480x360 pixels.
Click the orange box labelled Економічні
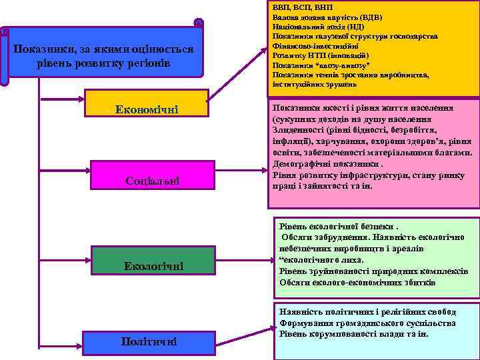point(147,109)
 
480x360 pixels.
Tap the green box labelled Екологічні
point(153,267)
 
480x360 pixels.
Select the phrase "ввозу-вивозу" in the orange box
point(347,65)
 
